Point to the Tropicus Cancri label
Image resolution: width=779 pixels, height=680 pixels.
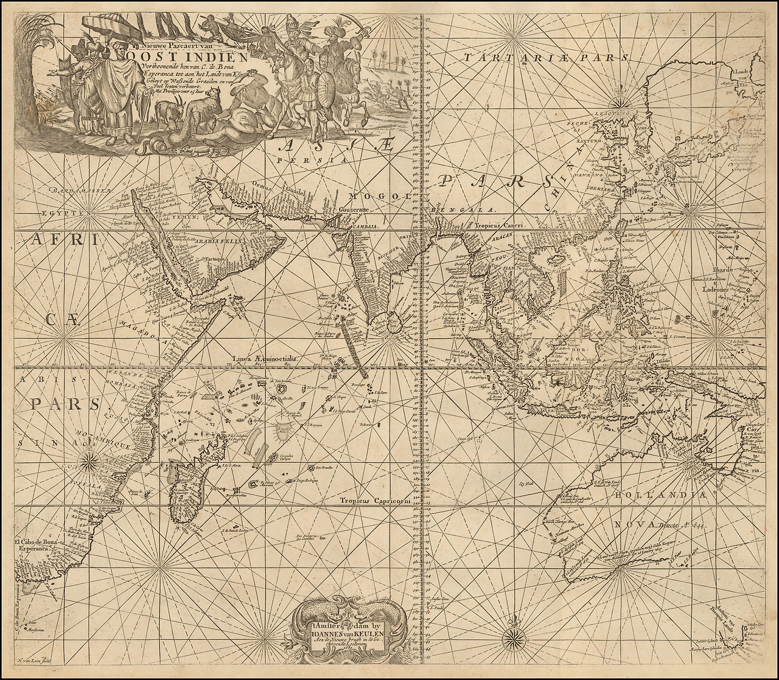tap(506, 223)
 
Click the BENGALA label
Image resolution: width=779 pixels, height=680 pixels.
tap(452, 210)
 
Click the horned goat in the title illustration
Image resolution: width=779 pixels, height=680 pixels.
tap(164, 112)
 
